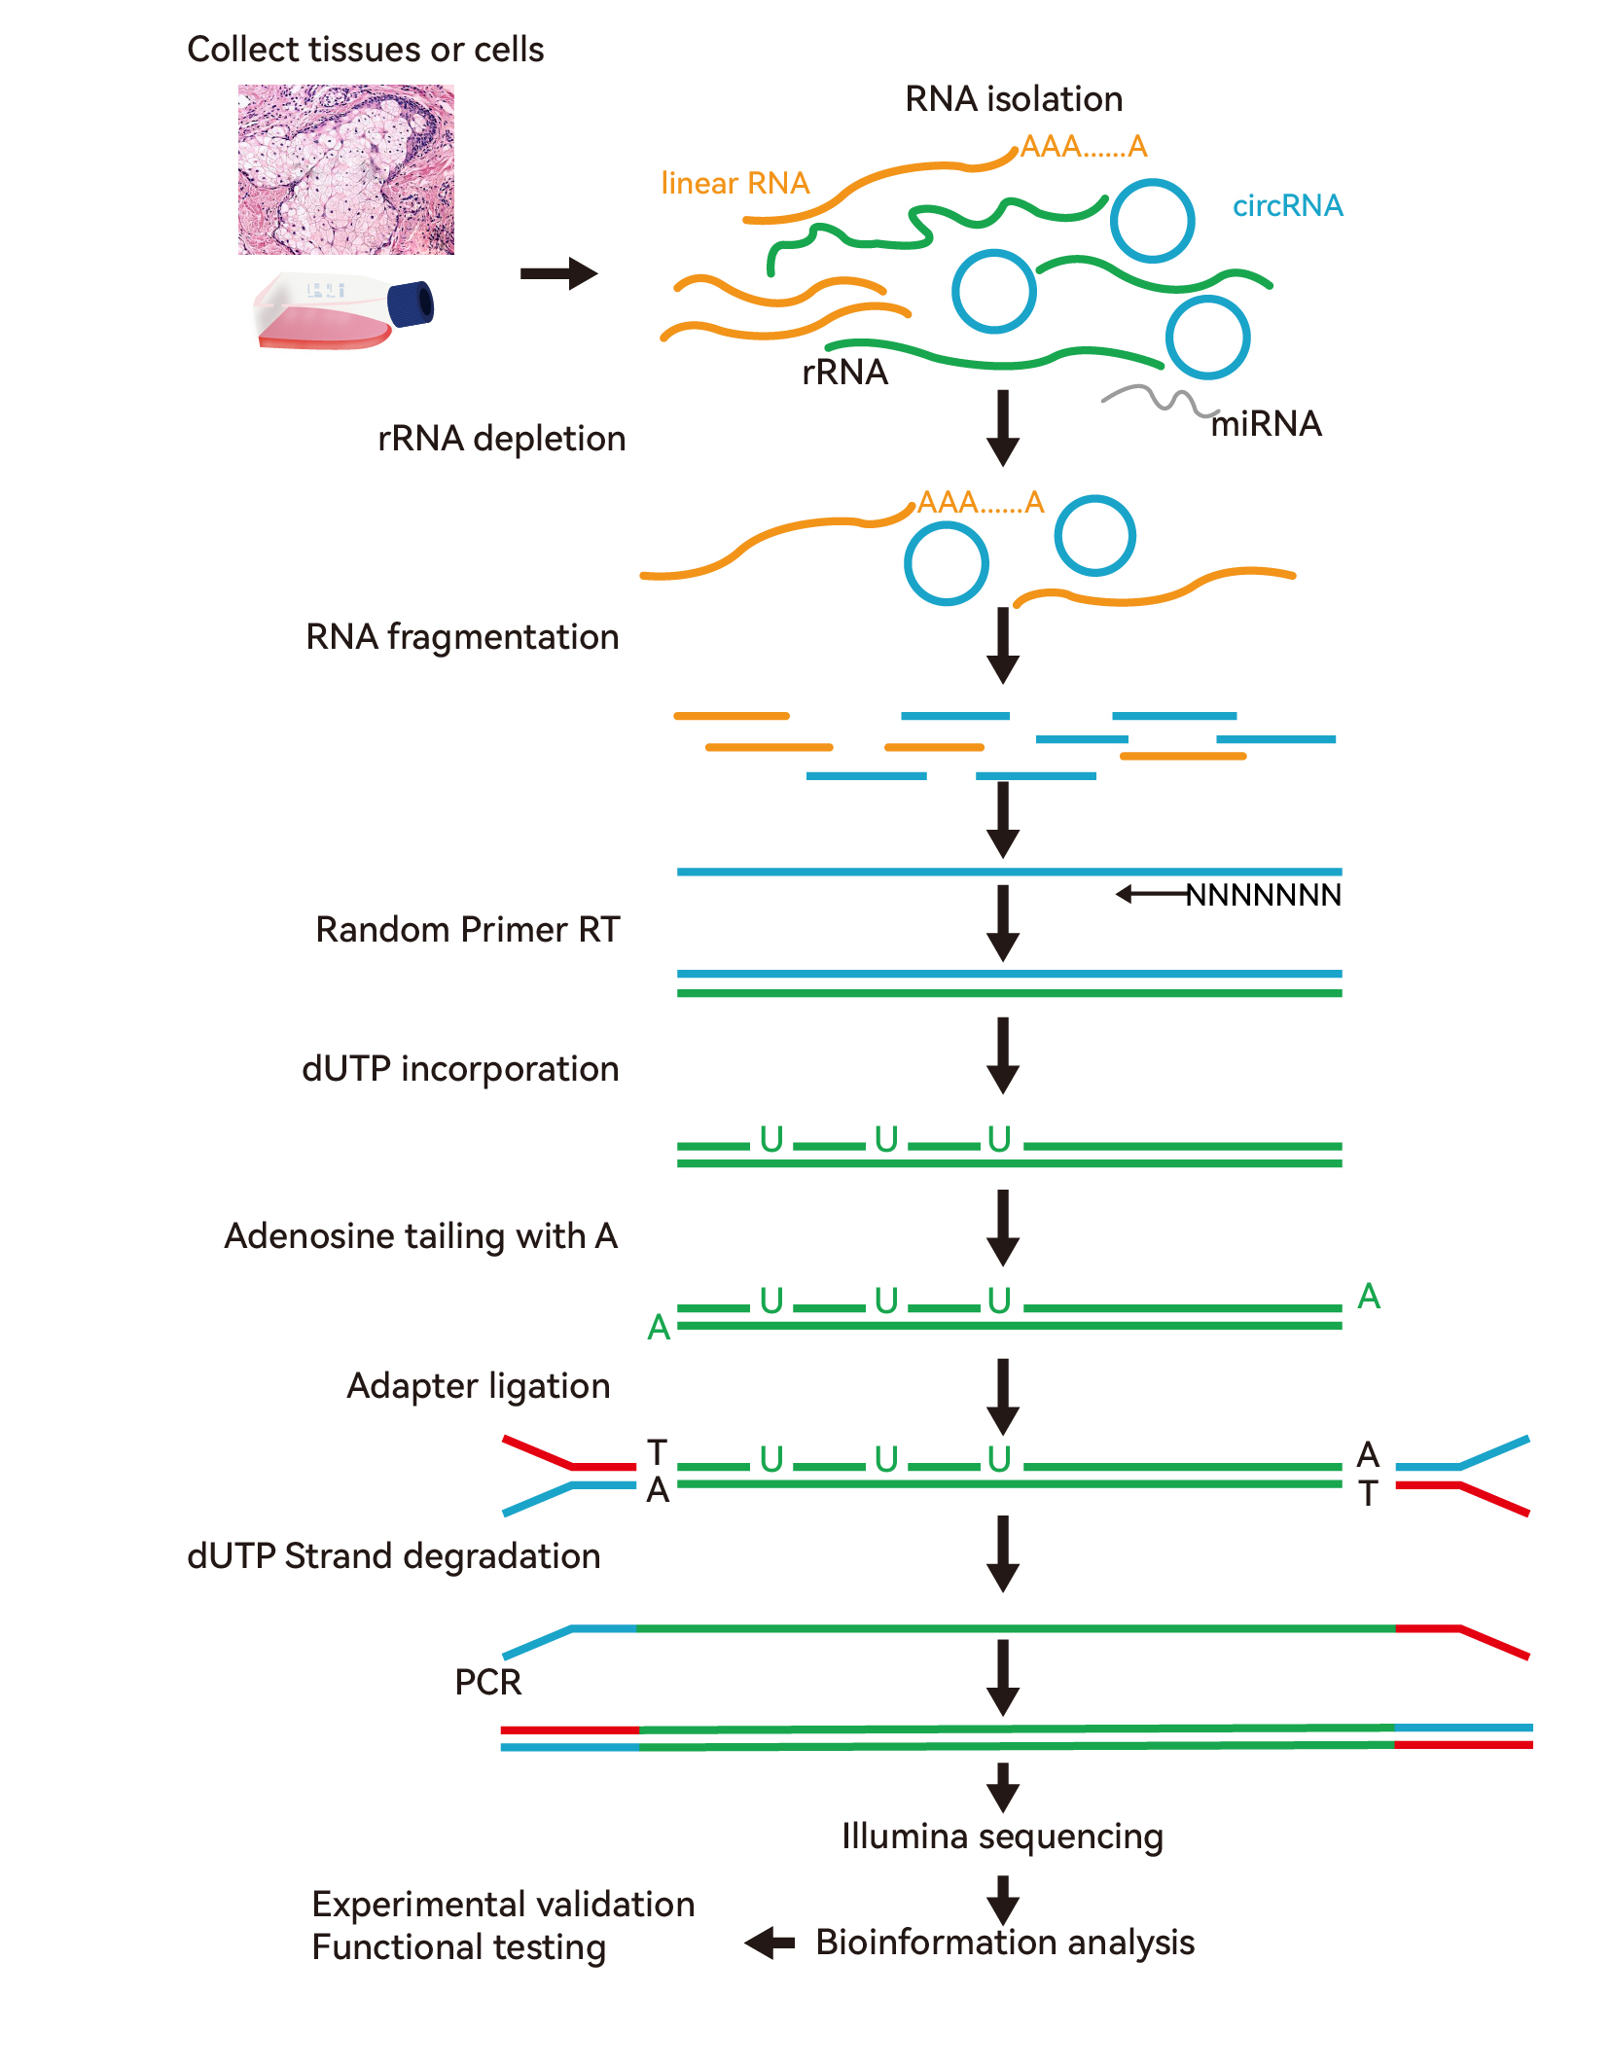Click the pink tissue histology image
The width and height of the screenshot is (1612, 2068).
click(345, 169)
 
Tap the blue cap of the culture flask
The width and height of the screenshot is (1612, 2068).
click(411, 303)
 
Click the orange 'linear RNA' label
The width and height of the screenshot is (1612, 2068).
click(734, 183)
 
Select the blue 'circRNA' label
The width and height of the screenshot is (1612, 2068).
click(1287, 205)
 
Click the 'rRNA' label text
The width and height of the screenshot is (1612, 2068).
click(844, 372)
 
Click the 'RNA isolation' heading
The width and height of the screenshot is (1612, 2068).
click(1013, 99)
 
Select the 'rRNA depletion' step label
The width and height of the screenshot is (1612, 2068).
click(501, 439)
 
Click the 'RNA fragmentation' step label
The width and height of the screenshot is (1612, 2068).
click(462, 637)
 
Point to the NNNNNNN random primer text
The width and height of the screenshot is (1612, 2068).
click(1263, 895)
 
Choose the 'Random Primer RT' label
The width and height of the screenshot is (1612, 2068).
click(467, 930)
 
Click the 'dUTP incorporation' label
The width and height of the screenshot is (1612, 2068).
click(460, 1069)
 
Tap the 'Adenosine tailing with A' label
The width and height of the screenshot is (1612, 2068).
click(420, 1236)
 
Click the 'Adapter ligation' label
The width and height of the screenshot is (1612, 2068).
click(478, 1386)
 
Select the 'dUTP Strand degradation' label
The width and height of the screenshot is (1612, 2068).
click(393, 1556)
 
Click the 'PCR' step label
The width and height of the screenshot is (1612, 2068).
click(487, 1682)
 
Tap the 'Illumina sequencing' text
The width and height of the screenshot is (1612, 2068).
click(1002, 1836)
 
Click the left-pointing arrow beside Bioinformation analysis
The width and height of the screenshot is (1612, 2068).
click(770, 1943)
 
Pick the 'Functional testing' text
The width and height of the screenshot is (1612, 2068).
click(458, 1947)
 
